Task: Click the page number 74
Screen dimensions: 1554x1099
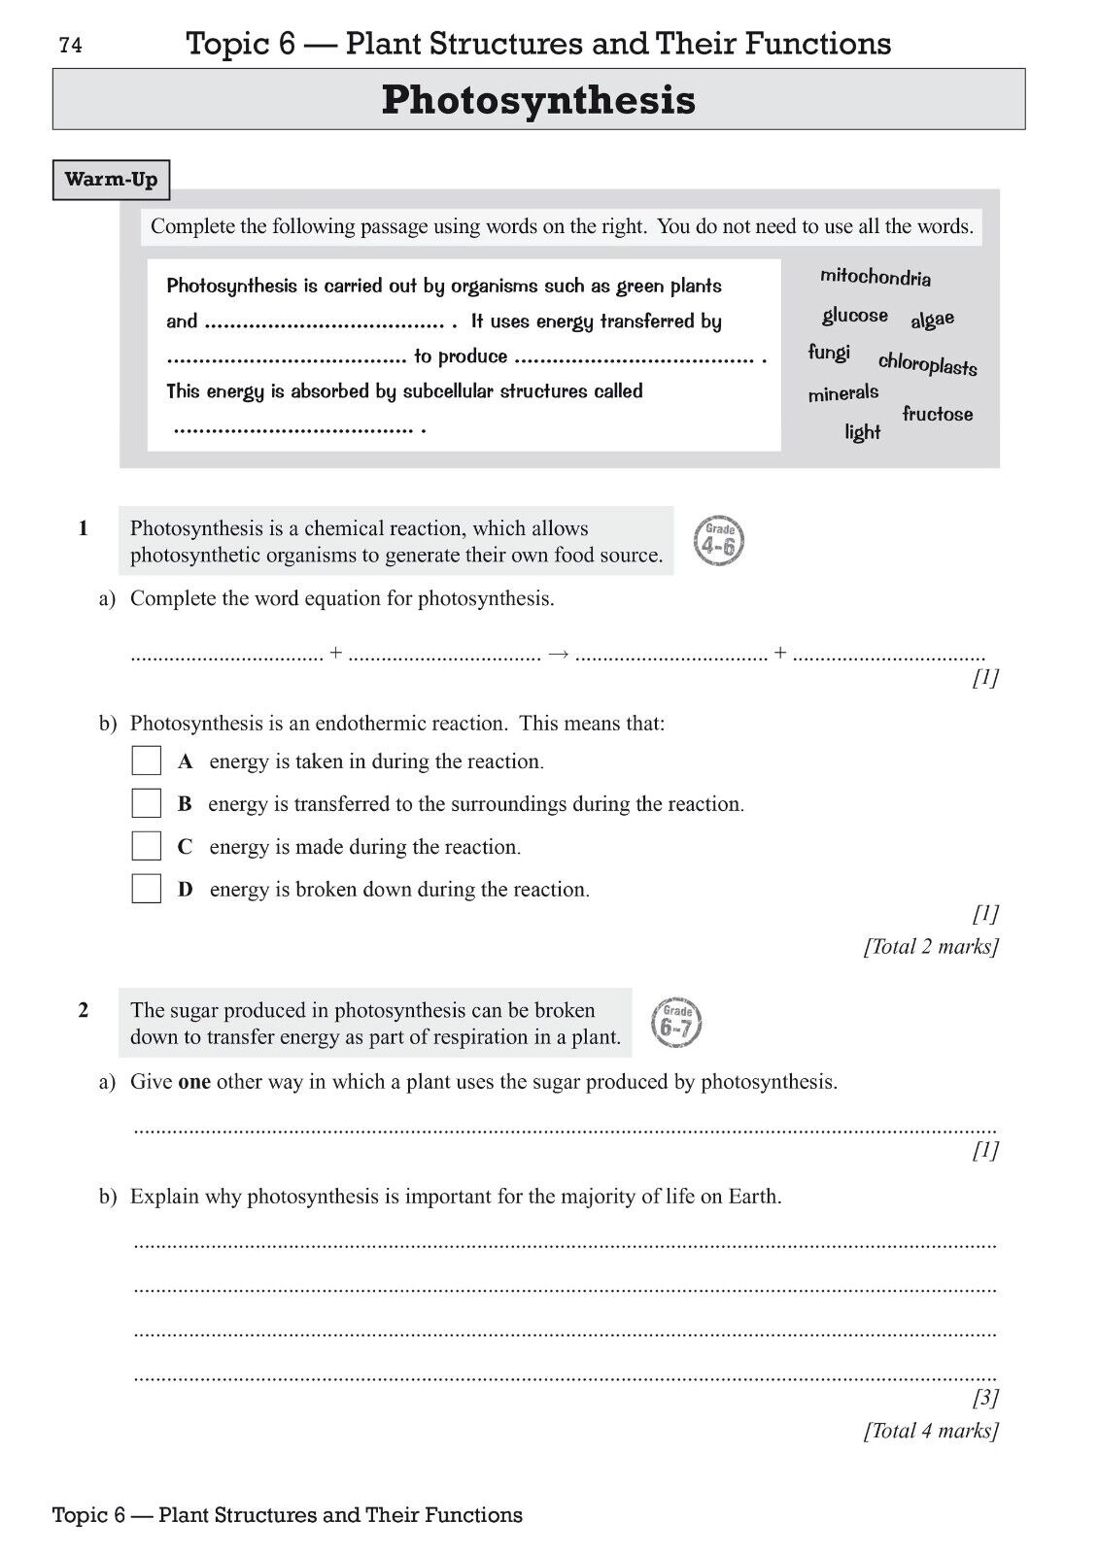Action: pos(71,46)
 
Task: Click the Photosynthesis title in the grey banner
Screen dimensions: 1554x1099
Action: pos(538,100)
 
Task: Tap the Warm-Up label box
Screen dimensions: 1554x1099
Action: pos(111,180)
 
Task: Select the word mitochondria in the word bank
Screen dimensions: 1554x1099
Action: pos(875,278)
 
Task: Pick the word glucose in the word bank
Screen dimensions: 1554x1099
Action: pos(855,316)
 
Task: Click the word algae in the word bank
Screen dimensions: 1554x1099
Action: pos(933,320)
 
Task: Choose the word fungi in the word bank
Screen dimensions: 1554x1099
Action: pos(829,353)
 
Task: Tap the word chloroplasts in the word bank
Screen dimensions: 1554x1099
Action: pos(928,364)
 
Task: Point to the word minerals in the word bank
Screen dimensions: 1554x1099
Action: pos(842,393)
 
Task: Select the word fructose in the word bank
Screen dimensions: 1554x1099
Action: pos(937,414)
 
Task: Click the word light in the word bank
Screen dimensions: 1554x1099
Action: pos(862,432)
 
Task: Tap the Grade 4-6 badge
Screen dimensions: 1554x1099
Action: pos(719,542)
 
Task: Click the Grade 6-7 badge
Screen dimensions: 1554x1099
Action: pos(676,1024)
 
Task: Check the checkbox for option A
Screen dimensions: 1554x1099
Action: pos(147,760)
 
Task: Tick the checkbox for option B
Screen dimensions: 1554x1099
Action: pos(147,803)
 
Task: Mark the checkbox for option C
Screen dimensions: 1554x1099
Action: pos(147,846)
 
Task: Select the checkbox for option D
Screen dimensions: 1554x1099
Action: pos(147,889)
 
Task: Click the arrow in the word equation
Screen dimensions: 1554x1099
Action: pos(558,655)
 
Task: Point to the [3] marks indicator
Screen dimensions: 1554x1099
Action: pos(985,1398)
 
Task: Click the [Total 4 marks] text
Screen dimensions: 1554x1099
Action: pos(931,1430)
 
